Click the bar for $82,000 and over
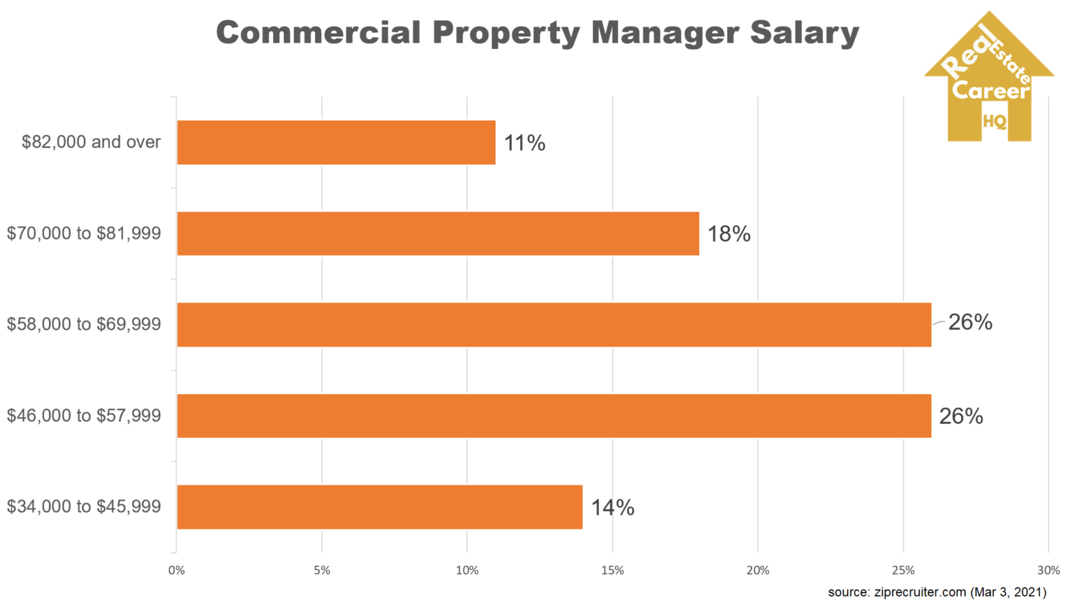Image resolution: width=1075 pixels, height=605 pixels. tap(336, 143)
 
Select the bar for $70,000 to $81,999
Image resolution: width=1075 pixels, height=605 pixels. tap(438, 234)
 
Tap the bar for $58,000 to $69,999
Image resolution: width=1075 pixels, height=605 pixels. tap(554, 325)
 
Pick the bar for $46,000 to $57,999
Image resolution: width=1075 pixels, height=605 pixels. tap(554, 416)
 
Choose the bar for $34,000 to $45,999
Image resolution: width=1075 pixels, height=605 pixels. tap(379, 507)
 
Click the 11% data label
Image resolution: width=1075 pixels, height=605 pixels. tap(524, 144)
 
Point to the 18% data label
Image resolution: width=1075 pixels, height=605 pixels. tap(729, 234)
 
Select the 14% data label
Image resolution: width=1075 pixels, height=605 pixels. tap(612, 508)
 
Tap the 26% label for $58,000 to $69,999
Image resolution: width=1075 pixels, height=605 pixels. tap(970, 322)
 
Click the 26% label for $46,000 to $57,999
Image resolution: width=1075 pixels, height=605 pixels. tap(961, 417)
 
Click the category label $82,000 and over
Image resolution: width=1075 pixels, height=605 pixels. tap(91, 142)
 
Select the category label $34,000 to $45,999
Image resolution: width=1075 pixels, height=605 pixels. tap(84, 506)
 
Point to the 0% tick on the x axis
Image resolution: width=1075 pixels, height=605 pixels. tap(176, 571)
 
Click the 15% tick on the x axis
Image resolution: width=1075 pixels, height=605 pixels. tap(612, 571)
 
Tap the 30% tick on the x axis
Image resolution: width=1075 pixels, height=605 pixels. tap(1048, 571)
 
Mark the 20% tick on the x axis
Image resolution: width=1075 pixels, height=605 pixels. tap(757, 571)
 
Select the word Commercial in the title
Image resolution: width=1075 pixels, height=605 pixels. tap(318, 33)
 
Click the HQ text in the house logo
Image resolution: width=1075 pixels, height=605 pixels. tap(994, 121)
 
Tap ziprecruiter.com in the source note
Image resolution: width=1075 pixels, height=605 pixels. tap(920, 592)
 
